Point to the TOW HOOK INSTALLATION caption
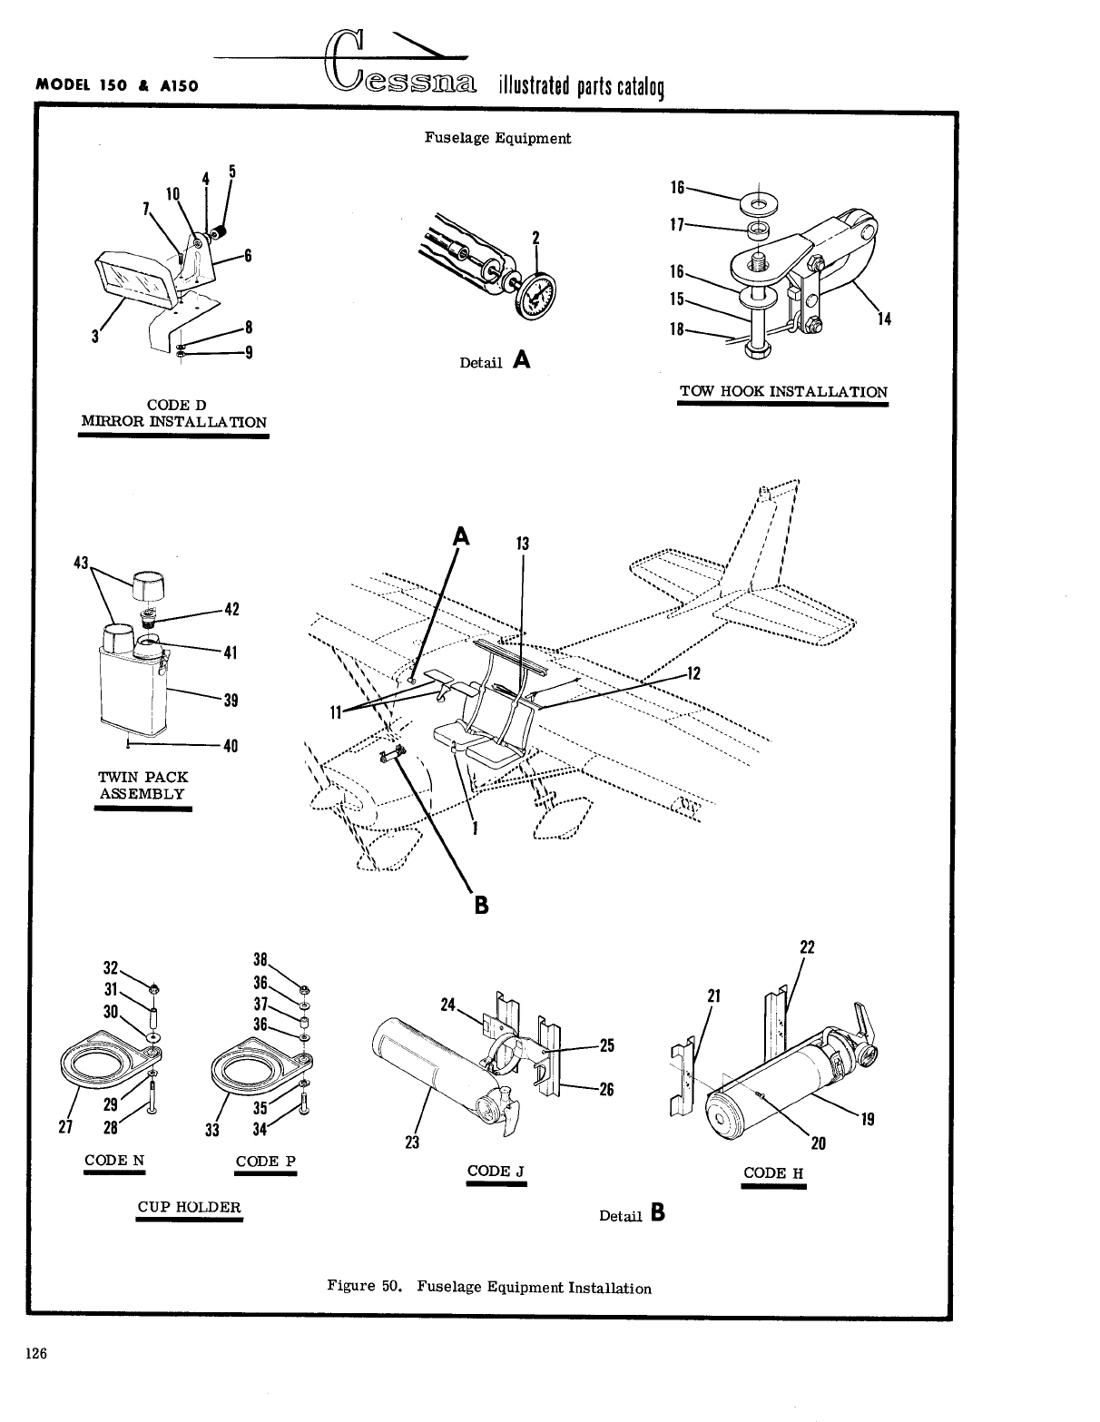pyautogui.click(x=783, y=392)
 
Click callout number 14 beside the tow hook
pyautogui.click(x=884, y=319)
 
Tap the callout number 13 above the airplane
pyautogui.click(x=522, y=544)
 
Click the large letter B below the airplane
pyautogui.click(x=480, y=905)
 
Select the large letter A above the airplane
pyautogui.click(x=461, y=536)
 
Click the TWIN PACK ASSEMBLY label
pyautogui.click(x=142, y=786)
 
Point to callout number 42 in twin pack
pyautogui.click(x=231, y=609)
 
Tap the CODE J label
pyautogui.click(x=496, y=1171)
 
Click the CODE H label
pyautogui.click(x=773, y=1172)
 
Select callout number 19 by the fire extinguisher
pyautogui.click(x=868, y=1119)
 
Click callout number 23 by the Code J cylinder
pyautogui.click(x=412, y=1143)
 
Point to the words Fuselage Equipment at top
pyautogui.click(x=497, y=138)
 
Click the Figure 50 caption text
pyautogui.click(x=489, y=1287)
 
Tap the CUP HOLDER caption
pyautogui.click(x=190, y=1207)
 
